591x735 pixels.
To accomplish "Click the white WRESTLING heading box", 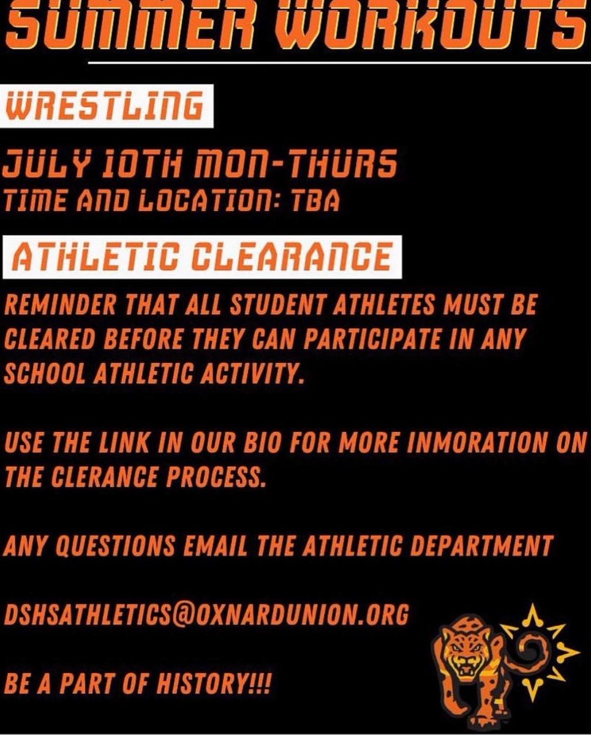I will tap(107, 107).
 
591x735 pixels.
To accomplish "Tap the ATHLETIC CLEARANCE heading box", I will tap(202, 257).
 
